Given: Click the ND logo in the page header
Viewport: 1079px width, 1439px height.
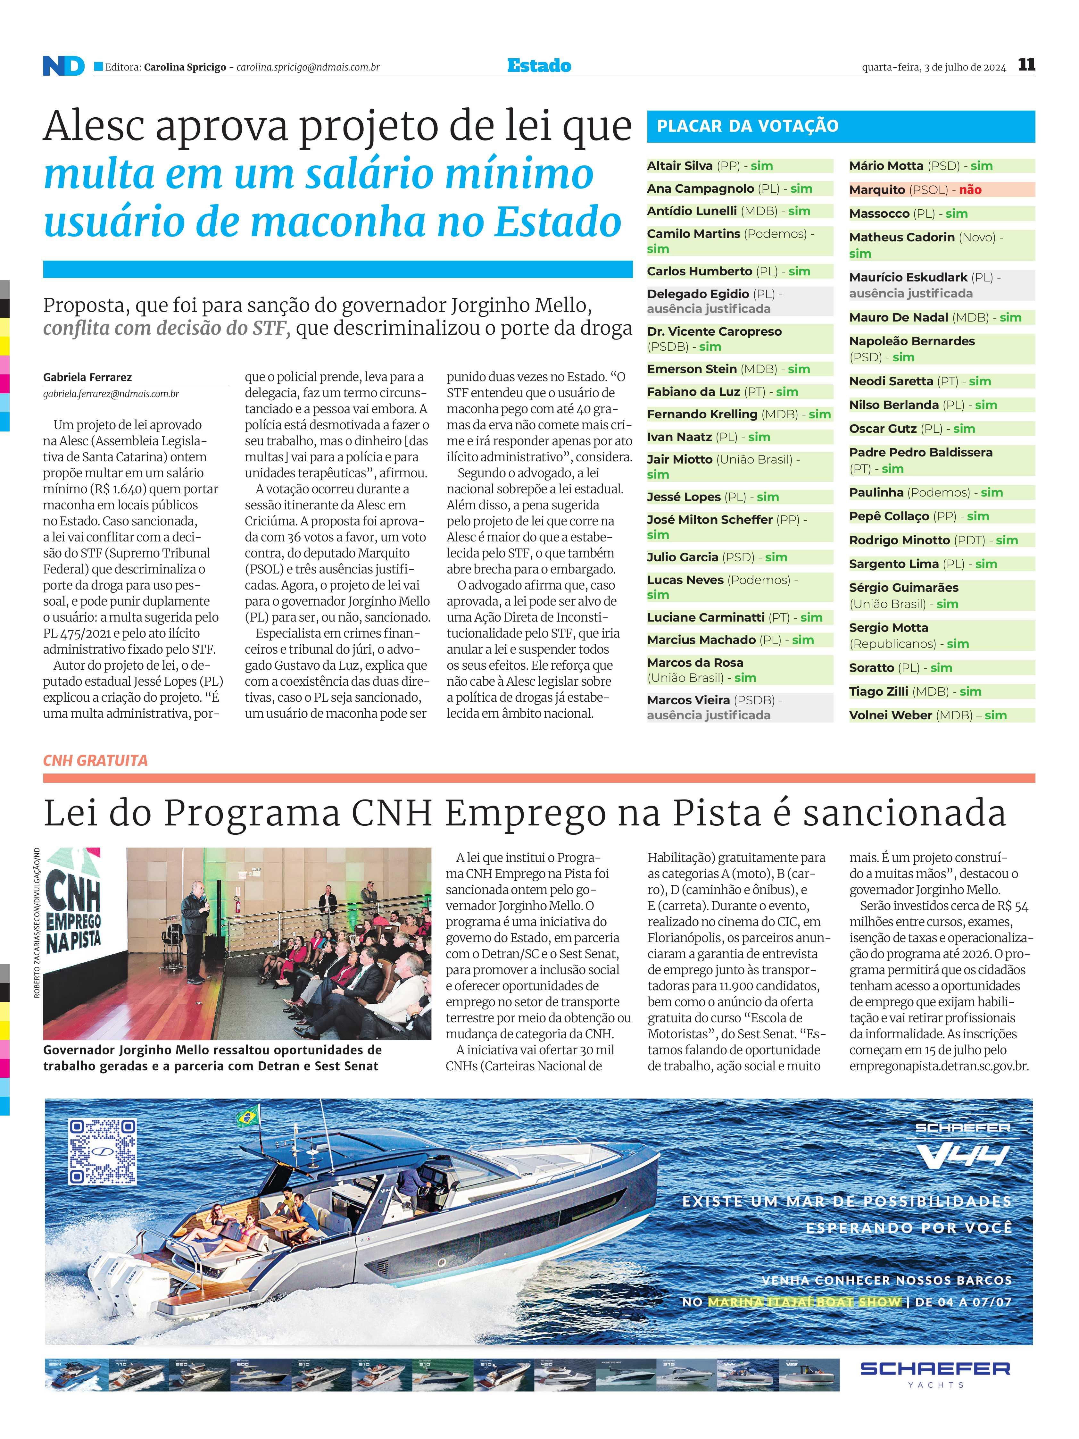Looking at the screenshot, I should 63,66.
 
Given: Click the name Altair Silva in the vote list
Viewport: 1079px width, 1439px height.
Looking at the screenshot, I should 680,166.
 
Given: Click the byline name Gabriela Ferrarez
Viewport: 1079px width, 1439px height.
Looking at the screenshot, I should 87,377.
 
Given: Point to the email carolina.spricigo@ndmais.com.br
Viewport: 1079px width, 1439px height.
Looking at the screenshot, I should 308,67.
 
